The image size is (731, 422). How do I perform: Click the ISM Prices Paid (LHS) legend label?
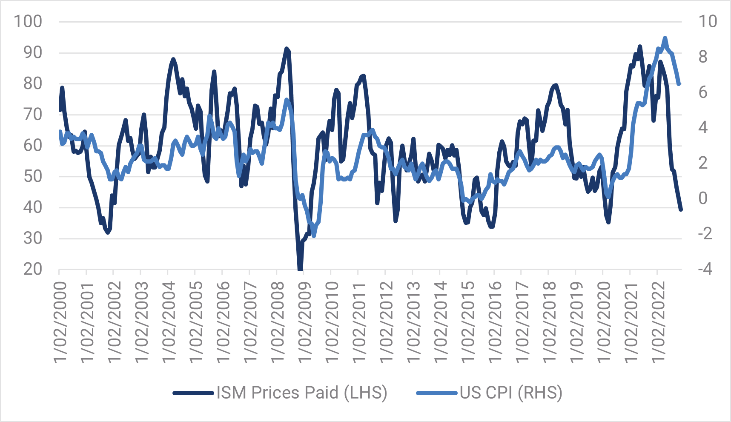302,393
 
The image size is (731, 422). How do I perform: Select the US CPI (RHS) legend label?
511,393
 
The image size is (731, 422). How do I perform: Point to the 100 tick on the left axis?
28,21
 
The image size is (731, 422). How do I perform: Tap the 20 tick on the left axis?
33,269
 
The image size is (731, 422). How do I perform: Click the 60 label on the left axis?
33,145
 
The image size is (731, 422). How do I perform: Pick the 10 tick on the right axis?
708,21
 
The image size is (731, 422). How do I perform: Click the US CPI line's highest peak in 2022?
665,38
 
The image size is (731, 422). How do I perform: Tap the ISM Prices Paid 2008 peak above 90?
287,49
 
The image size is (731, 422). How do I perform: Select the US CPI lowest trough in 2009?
314,235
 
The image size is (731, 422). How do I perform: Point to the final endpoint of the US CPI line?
679,84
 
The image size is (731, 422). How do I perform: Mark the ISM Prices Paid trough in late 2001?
108,232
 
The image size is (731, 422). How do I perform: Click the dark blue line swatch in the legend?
193,393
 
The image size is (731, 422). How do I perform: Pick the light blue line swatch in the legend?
436,393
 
